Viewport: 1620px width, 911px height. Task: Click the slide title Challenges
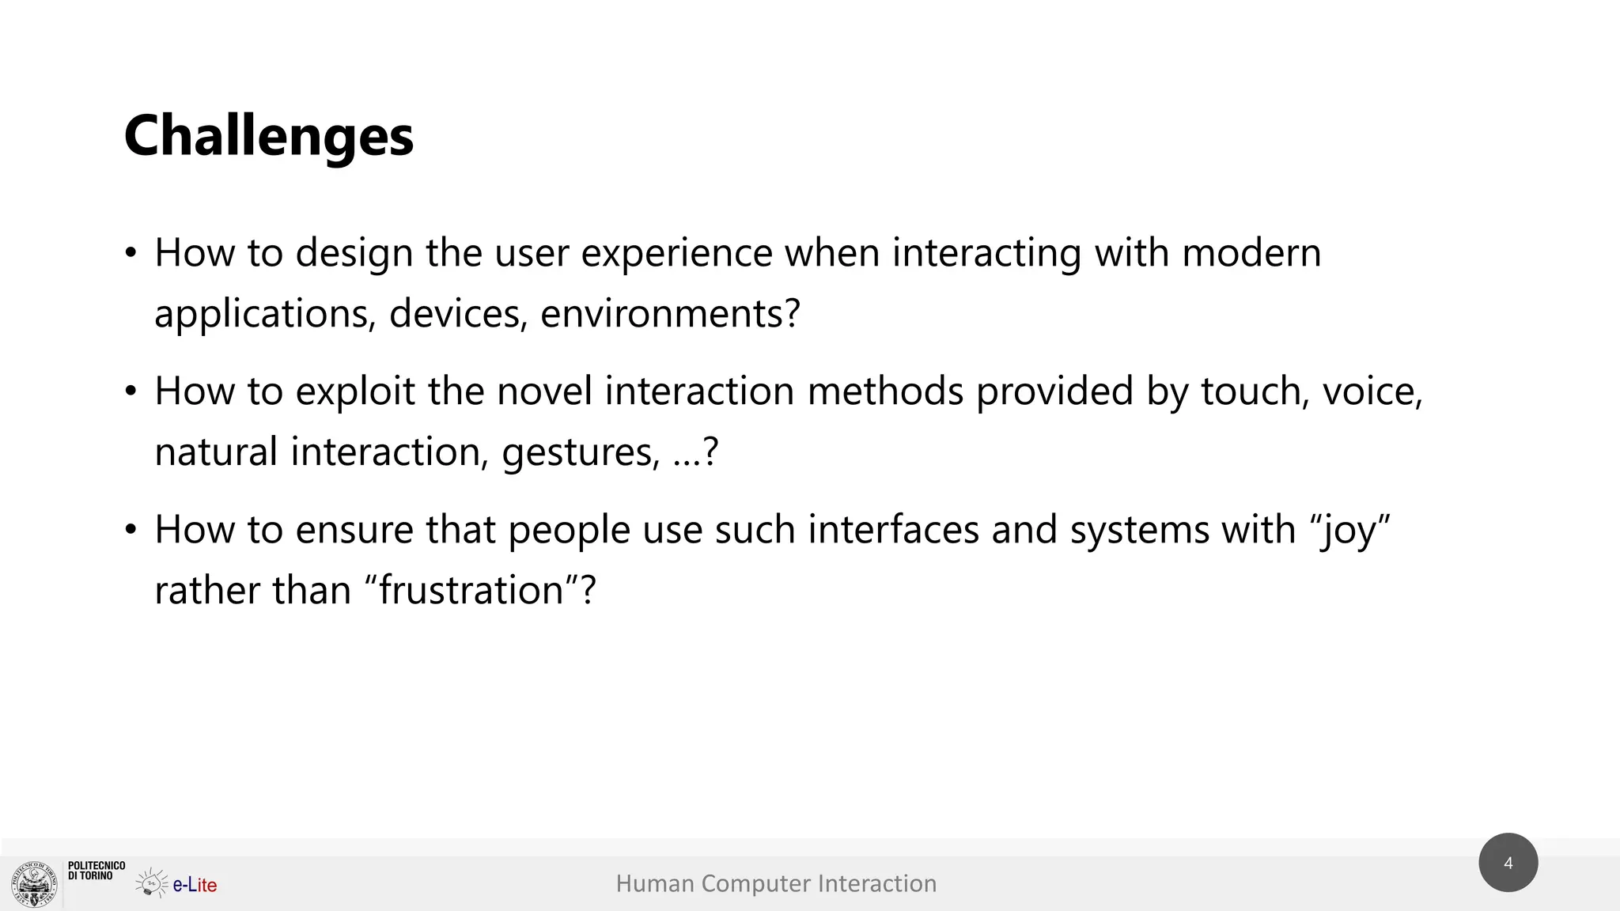268,136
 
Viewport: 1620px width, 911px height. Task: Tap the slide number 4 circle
1508,863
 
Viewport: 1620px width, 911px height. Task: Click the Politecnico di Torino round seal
35,884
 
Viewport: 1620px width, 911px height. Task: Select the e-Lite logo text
195,885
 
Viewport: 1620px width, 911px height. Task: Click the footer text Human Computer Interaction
776,883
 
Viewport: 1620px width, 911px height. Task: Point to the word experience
676,253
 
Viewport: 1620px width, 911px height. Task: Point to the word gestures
580,452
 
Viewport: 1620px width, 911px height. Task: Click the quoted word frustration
471,591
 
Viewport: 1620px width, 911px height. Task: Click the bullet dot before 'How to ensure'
131,531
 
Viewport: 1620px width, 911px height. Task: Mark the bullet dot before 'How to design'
131,254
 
